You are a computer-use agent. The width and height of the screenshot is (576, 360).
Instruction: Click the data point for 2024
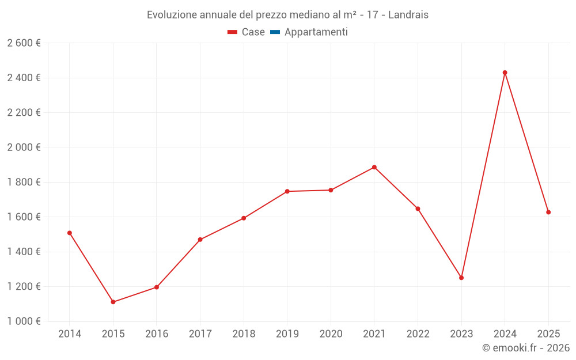[505, 73]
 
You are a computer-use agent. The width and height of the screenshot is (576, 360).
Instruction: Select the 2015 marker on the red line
[113, 302]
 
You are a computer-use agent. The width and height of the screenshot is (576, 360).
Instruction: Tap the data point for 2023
[461, 278]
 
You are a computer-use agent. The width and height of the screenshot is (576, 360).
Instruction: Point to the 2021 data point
[374, 167]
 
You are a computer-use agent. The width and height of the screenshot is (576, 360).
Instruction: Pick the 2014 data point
[70, 233]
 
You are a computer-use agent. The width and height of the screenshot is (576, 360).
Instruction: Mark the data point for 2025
[548, 212]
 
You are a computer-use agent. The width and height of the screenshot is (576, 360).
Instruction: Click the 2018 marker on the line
[244, 218]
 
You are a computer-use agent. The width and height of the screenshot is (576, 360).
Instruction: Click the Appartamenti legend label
[316, 32]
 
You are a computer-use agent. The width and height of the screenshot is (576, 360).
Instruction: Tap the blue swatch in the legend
[275, 32]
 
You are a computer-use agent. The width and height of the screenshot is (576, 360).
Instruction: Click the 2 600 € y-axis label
[24, 43]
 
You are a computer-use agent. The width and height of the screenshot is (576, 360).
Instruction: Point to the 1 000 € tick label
[24, 321]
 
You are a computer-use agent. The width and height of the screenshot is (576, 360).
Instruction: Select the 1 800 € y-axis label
[24, 182]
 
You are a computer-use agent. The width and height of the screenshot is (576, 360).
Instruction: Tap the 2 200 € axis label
[24, 112]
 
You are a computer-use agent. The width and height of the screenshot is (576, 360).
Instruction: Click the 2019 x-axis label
[287, 334]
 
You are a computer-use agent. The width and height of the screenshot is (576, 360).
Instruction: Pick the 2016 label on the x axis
[157, 334]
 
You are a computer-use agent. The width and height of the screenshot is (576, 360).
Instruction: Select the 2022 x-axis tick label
[418, 334]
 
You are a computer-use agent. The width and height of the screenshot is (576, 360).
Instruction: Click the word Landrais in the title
[408, 15]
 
